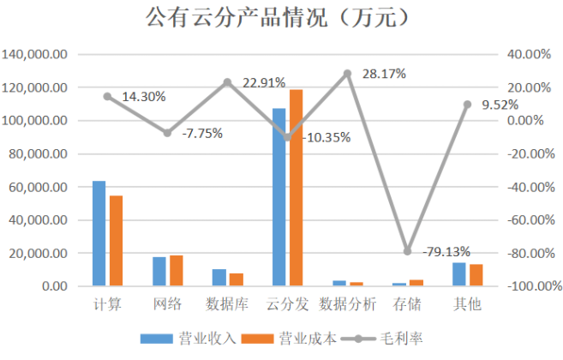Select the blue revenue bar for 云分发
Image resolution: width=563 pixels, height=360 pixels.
(279, 197)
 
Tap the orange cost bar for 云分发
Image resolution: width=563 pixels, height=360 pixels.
(296, 188)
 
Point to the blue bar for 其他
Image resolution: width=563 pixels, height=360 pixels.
(459, 274)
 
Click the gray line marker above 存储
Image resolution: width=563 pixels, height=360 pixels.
(408, 251)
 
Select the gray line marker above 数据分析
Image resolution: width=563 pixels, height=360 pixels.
(348, 74)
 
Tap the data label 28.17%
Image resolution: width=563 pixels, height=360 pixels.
(384, 74)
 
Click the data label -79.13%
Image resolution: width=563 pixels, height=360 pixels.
(446, 252)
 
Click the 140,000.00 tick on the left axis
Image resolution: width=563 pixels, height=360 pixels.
(36, 54)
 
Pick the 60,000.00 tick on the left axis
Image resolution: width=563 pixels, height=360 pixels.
(39, 187)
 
